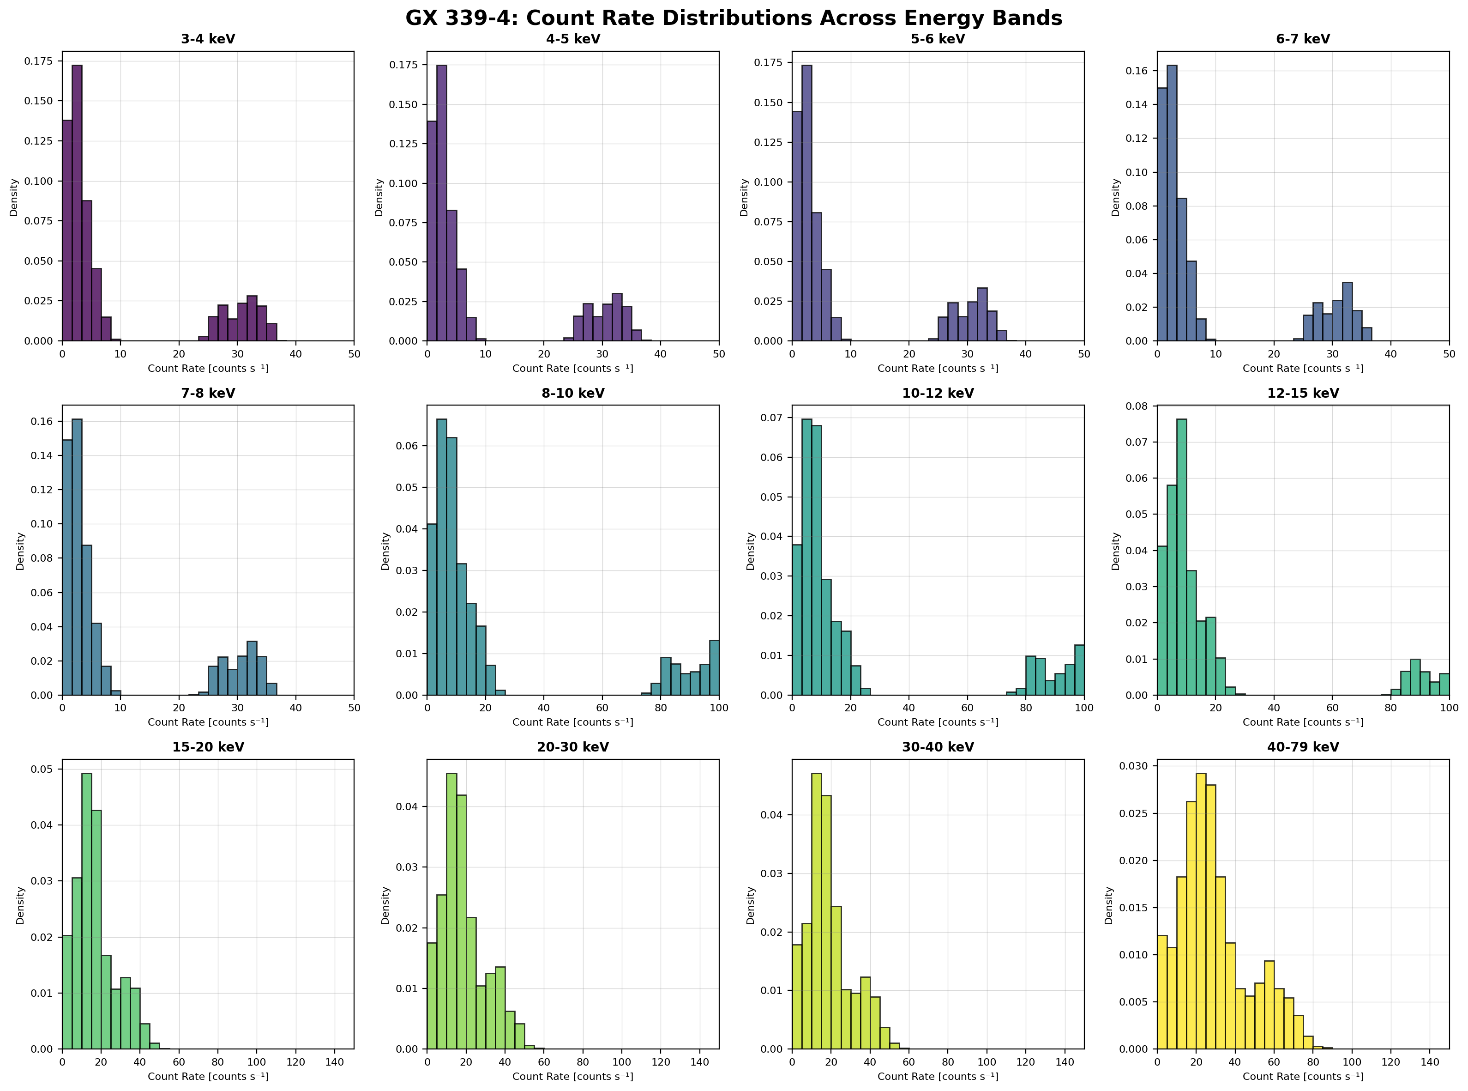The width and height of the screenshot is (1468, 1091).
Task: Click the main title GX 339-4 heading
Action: (734, 18)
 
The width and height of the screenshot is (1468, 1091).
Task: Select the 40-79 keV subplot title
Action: (1303, 747)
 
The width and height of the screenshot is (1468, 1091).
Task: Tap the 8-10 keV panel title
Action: (573, 393)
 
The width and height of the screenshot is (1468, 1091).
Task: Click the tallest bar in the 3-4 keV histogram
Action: (77, 198)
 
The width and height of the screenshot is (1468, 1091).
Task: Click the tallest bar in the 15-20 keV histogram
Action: (86, 911)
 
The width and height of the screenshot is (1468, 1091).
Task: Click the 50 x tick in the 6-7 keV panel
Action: (1449, 354)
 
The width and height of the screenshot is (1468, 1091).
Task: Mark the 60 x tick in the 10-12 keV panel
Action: (967, 708)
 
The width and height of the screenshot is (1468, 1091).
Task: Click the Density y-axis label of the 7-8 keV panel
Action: (20, 552)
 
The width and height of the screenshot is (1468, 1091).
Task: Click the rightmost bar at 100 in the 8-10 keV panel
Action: (714, 667)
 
